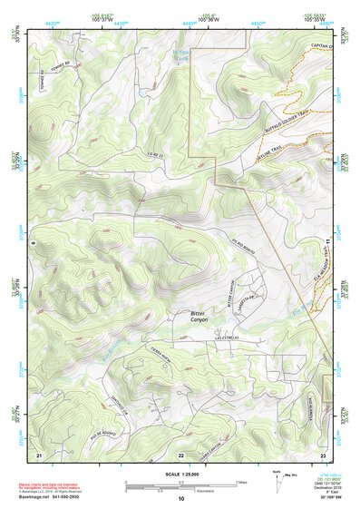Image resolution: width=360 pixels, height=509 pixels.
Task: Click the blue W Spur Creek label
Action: pyautogui.click(x=181, y=56)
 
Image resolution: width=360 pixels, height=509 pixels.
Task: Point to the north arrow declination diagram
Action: pyautogui.click(x=277, y=482)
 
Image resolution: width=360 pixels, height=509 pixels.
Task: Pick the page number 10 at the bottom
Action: pyautogui.click(x=181, y=499)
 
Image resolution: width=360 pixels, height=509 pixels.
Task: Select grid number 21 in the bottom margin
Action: pyautogui.click(x=39, y=453)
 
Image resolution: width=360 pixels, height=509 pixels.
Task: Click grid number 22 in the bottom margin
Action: pyautogui.click(x=181, y=453)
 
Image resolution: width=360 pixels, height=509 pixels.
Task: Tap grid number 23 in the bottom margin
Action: pyautogui.click(x=324, y=453)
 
